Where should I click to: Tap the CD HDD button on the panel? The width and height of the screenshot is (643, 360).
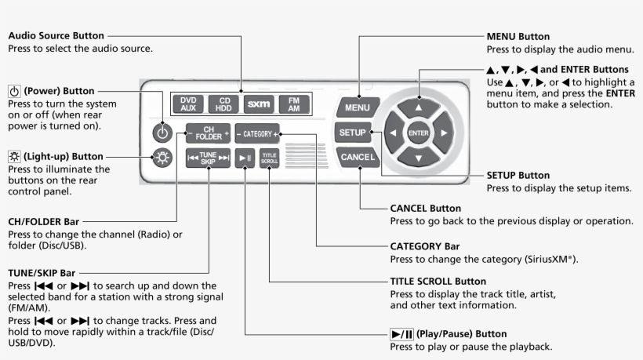tap(223, 104)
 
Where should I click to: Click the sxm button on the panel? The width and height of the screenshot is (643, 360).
tap(258, 104)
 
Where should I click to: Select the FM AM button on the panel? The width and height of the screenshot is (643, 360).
tap(293, 104)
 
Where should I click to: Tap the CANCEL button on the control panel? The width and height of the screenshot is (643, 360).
tap(358, 157)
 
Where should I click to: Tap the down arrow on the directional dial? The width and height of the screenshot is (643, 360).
tap(419, 159)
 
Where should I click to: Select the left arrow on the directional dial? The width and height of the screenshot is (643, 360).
tap(392, 133)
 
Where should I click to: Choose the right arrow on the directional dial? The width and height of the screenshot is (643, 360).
tap(445, 133)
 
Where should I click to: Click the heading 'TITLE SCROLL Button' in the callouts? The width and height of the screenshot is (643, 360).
tap(438, 281)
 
